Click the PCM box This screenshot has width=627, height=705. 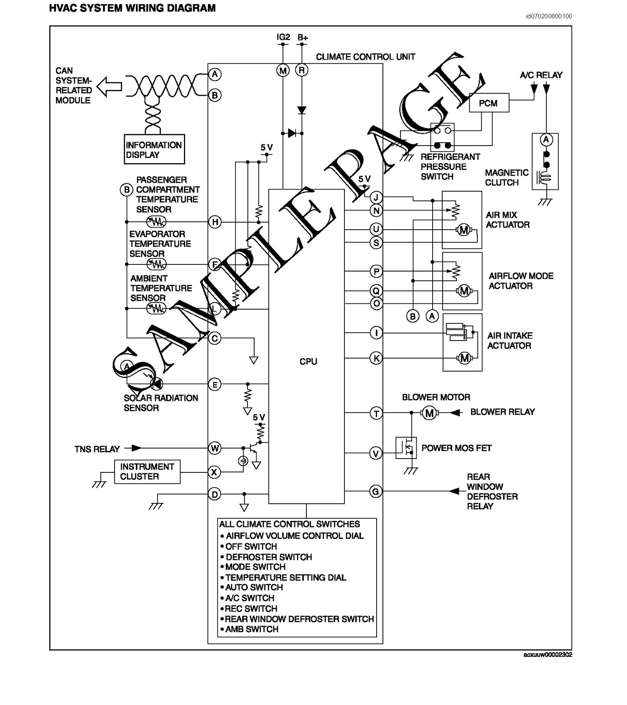(489, 103)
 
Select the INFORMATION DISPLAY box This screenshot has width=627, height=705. (154, 149)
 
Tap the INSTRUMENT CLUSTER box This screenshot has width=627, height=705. (147, 472)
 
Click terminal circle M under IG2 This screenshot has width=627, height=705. (283, 71)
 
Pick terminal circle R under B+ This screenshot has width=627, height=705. (302, 71)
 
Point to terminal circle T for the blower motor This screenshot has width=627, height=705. (376, 413)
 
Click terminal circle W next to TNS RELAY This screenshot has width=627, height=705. (214, 449)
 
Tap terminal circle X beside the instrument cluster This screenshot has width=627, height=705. (214, 472)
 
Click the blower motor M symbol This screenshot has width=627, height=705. (429, 413)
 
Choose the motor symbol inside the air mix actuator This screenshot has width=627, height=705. (464, 230)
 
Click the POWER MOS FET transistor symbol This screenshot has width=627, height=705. (406, 448)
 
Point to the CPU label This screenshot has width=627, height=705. (308, 361)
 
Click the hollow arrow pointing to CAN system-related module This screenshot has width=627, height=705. (109, 87)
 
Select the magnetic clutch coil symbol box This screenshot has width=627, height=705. (545, 162)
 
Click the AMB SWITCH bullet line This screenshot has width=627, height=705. (251, 629)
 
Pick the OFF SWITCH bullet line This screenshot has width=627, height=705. (251, 546)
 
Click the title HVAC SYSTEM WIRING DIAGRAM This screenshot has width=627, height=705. (133, 8)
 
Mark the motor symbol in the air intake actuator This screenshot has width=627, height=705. (464, 358)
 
